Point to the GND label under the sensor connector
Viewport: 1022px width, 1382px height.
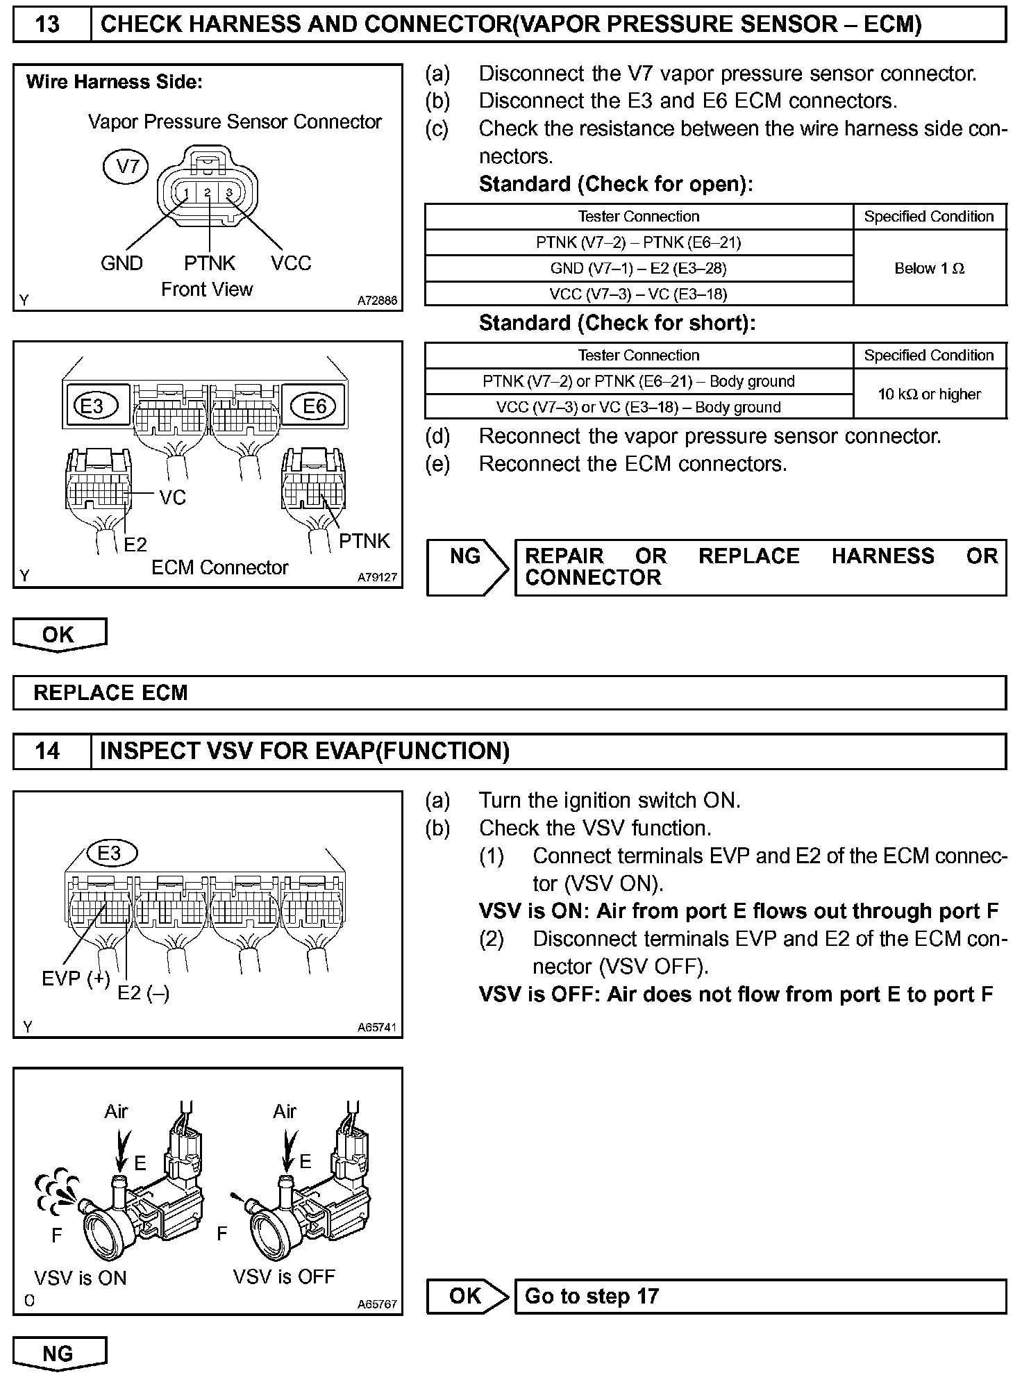click(x=122, y=263)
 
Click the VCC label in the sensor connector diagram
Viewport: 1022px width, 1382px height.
click(x=291, y=263)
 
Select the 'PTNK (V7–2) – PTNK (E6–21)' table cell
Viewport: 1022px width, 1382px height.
click(x=638, y=242)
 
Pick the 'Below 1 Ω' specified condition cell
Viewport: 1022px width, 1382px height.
click(x=929, y=268)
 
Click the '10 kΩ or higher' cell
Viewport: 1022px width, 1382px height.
click(x=929, y=394)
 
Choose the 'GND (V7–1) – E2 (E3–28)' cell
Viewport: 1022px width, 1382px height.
click(x=638, y=268)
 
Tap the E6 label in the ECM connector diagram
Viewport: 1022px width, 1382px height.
click(x=314, y=406)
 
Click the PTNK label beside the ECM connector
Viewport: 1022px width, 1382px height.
click(x=365, y=541)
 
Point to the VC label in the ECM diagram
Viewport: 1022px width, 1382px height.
click(x=173, y=497)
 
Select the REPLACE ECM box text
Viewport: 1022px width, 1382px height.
click(x=111, y=692)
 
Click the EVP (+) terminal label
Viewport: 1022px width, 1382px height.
click(x=76, y=979)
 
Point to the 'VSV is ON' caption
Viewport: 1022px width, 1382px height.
click(x=81, y=1278)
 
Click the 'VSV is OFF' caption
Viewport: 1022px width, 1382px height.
click(x=284, y=1276)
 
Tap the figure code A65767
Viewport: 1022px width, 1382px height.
click(x=377, y=1304)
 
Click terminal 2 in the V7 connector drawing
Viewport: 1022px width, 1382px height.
click(x=208, y=193)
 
